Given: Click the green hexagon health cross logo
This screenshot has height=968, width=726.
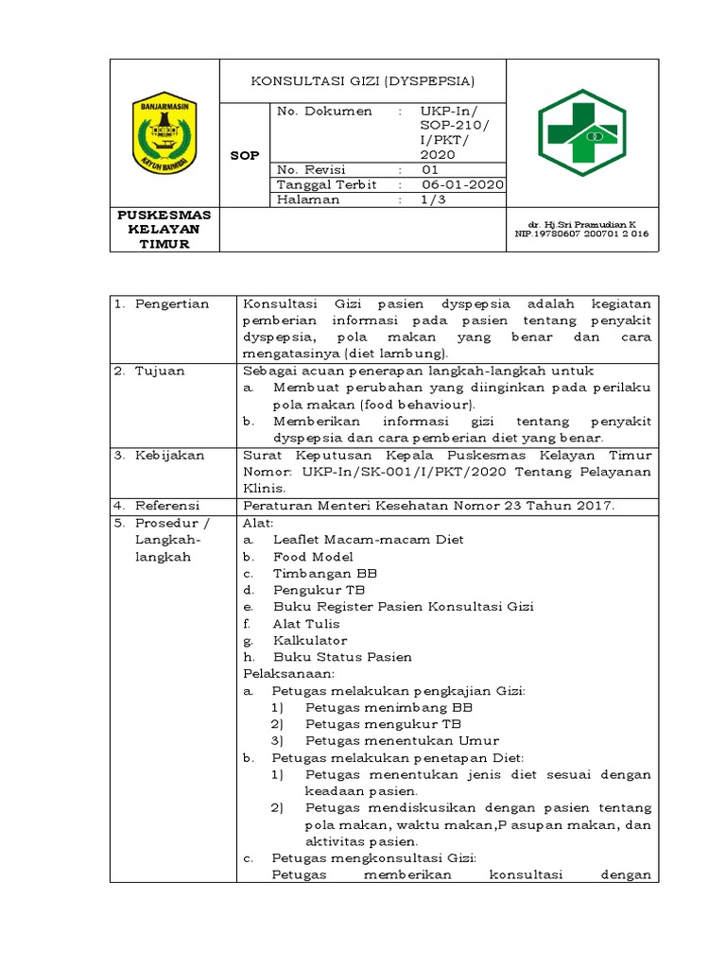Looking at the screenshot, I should [x=582, y=133].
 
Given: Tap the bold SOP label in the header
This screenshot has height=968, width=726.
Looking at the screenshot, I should [x=245, y=155].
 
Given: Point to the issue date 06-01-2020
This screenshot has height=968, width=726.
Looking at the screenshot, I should [x=462, y=184].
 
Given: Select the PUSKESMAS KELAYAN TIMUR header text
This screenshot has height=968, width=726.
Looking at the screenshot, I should [x=164, y=229].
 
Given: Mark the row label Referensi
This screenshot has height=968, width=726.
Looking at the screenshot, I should [x=170, y=505].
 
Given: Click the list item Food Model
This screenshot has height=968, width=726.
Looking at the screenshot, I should [x=313, y=557].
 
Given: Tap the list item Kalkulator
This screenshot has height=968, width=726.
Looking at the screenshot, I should [x=310, y=640].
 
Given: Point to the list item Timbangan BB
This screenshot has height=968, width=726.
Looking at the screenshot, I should [x=325, y=574].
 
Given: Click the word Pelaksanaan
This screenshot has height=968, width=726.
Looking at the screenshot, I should [x=289, y=673].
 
